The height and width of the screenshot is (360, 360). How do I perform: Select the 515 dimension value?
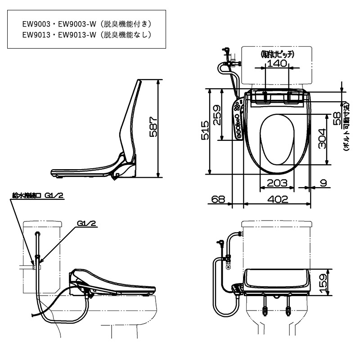(x=205, y=131)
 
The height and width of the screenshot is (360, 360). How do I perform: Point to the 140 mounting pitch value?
(x=276, y=63)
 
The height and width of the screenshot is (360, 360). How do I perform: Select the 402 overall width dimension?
(x=277, y=199)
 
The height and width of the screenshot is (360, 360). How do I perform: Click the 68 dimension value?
(x=217, y=199)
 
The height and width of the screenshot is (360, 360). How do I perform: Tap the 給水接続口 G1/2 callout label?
(x=38, y=196)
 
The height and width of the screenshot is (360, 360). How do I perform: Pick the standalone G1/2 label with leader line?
(x=86, y=223)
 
